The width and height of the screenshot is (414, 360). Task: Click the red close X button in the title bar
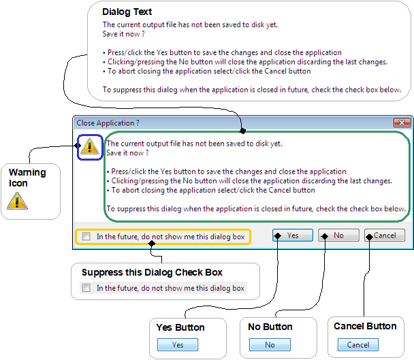[402, 122]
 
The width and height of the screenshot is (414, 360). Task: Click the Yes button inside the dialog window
[293, 235]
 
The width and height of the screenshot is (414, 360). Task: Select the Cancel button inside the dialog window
[385, 235]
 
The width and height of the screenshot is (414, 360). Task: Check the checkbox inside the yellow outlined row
[86, 236]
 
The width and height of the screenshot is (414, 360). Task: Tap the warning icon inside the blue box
[90, 146]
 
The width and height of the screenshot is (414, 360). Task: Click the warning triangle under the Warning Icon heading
[18, 201]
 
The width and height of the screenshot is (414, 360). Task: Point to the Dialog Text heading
[127, 12]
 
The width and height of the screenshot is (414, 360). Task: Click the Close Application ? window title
[108, 123]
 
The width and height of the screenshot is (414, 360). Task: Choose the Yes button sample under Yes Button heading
[178, 345]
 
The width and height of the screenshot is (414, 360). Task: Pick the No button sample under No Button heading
[270, 345]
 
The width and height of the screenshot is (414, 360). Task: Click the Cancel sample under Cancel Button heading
[358, 345]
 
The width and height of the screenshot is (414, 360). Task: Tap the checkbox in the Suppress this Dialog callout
[86, 288]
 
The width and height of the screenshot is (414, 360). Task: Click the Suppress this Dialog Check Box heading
[152, 272]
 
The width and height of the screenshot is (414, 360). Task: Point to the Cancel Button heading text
[365, 326]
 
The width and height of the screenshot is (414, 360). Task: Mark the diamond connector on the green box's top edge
[242, 131]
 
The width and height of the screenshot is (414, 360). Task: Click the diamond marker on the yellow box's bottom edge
[152, 244]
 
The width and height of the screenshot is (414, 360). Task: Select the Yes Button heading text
[180, 327]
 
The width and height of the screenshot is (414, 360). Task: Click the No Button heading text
[270, 327]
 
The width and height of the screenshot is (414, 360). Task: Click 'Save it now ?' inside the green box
[127, 153]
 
